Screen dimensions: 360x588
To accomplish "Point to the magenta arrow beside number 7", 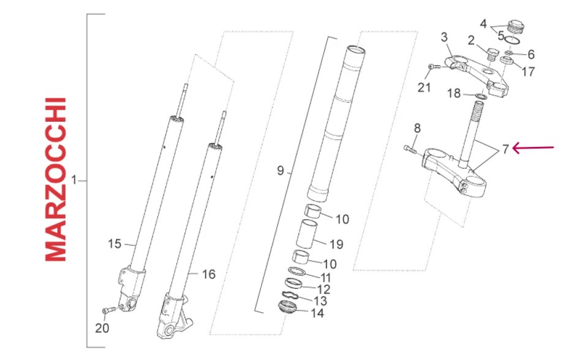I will click(x=533, y=148).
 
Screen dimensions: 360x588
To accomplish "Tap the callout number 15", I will click(x=115, y=244).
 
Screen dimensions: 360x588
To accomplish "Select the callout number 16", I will click(x=208, y=274).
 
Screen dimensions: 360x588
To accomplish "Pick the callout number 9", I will click(x=281, y=171).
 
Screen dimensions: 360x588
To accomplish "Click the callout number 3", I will click(x=444, y=38).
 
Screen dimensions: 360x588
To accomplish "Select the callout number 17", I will click(x=528, y=71).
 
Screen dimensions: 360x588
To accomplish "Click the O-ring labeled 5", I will click(x=513, y=40).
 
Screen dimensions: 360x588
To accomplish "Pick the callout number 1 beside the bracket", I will click(x=75, y=181).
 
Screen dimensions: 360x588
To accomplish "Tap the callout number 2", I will click(x=471, y=41).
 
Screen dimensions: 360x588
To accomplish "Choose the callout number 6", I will click(x=530, y=54).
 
